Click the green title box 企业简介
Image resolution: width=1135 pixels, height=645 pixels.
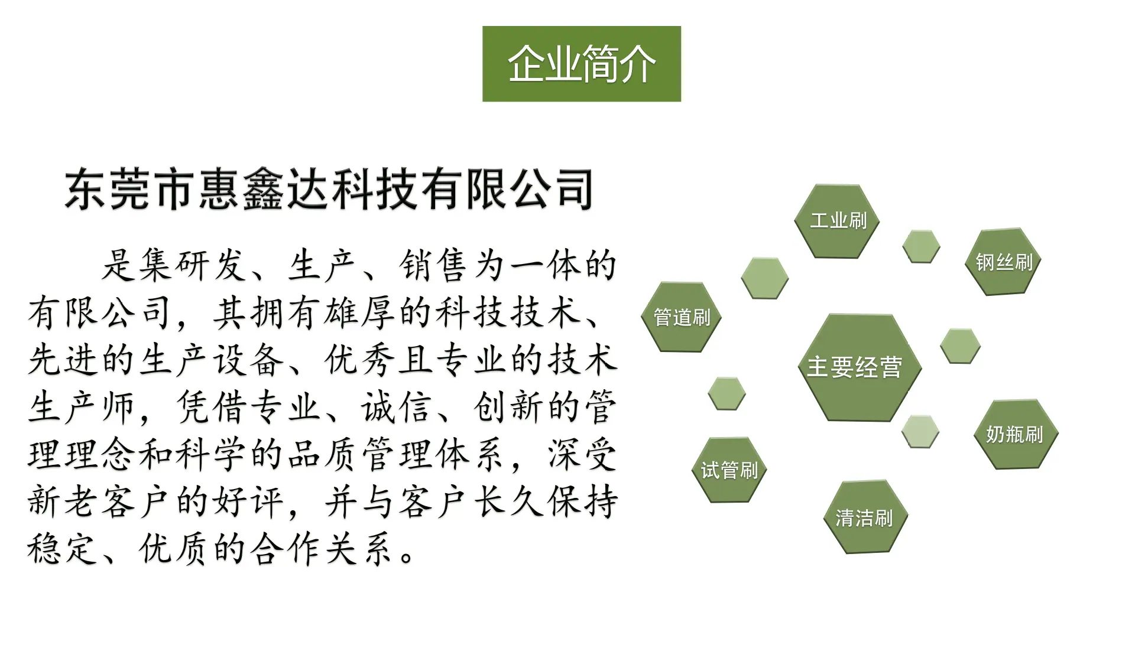[x=582, y=64]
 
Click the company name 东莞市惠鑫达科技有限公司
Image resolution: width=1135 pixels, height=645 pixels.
[x=329, y=189]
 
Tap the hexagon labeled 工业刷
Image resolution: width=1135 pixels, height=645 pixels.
[x=837, y=221]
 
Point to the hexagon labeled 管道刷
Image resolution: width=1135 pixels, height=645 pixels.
[x=682, y=317]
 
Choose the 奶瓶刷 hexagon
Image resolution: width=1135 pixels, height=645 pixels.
[x=1015, y=434]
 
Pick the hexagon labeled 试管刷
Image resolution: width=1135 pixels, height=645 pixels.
[x=729, y=470]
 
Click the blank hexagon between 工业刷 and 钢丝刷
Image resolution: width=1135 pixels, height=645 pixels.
[x=921, y=246]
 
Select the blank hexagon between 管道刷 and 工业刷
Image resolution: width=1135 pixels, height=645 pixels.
[x=765, y=278]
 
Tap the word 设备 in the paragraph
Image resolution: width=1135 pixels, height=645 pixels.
[x=248, y=360]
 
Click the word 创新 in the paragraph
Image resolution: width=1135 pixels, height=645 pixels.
[x=508, y=407]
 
